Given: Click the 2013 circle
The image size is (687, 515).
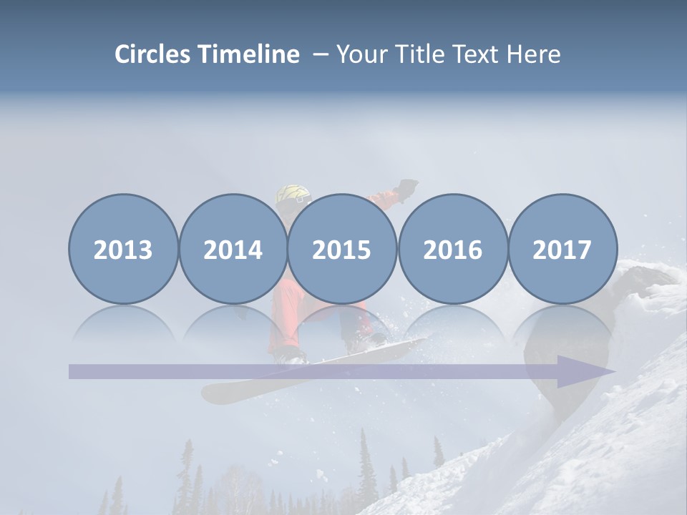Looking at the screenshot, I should pos(123,249).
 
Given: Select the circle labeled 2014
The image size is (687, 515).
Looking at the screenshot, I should pos(233,249).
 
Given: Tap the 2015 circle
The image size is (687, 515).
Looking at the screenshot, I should pos(342,249).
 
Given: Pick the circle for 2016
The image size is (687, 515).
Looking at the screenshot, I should pos(452,249).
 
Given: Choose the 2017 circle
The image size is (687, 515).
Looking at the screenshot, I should pos(562,249).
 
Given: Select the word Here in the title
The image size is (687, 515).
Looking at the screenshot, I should pos(534,54).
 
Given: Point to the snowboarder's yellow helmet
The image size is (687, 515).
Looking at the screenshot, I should pos(293,195).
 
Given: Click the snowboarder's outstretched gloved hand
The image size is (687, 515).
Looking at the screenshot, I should pos(407,187).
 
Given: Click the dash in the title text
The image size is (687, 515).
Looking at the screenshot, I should pos(320,54).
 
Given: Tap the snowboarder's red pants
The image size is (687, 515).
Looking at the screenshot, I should pos(286,315).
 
